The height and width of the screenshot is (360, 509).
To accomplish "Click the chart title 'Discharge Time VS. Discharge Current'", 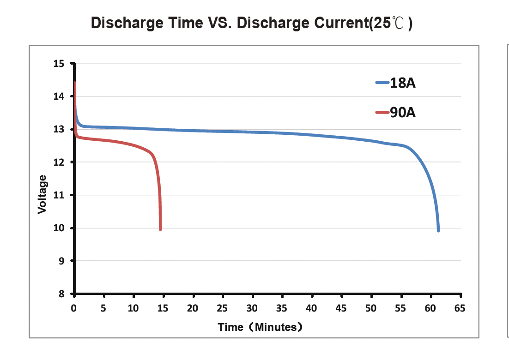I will tap(252, 23).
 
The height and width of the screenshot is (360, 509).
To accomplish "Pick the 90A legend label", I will tap(403, 113).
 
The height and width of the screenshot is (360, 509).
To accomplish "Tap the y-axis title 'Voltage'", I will tap(42, 194).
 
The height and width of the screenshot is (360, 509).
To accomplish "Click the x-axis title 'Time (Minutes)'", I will tap(261, 327).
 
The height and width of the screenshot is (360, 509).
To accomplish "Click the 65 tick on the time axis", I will tap(460, 309).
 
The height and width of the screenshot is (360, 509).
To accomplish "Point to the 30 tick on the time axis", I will tap(252, 309).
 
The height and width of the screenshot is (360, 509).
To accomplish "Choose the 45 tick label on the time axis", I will tap(341, 309).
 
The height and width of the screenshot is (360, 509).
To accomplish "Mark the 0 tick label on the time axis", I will tap(74, 309).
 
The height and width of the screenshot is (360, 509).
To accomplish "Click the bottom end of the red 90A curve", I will tap(160, 229).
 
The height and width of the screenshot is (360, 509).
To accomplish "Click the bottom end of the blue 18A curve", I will tap(438, 230).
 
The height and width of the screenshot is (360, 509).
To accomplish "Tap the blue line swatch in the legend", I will tap(382, 83).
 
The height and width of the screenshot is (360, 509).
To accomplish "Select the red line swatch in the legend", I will tap(382, 112).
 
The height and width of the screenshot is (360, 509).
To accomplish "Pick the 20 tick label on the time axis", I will tap(193, 309).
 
